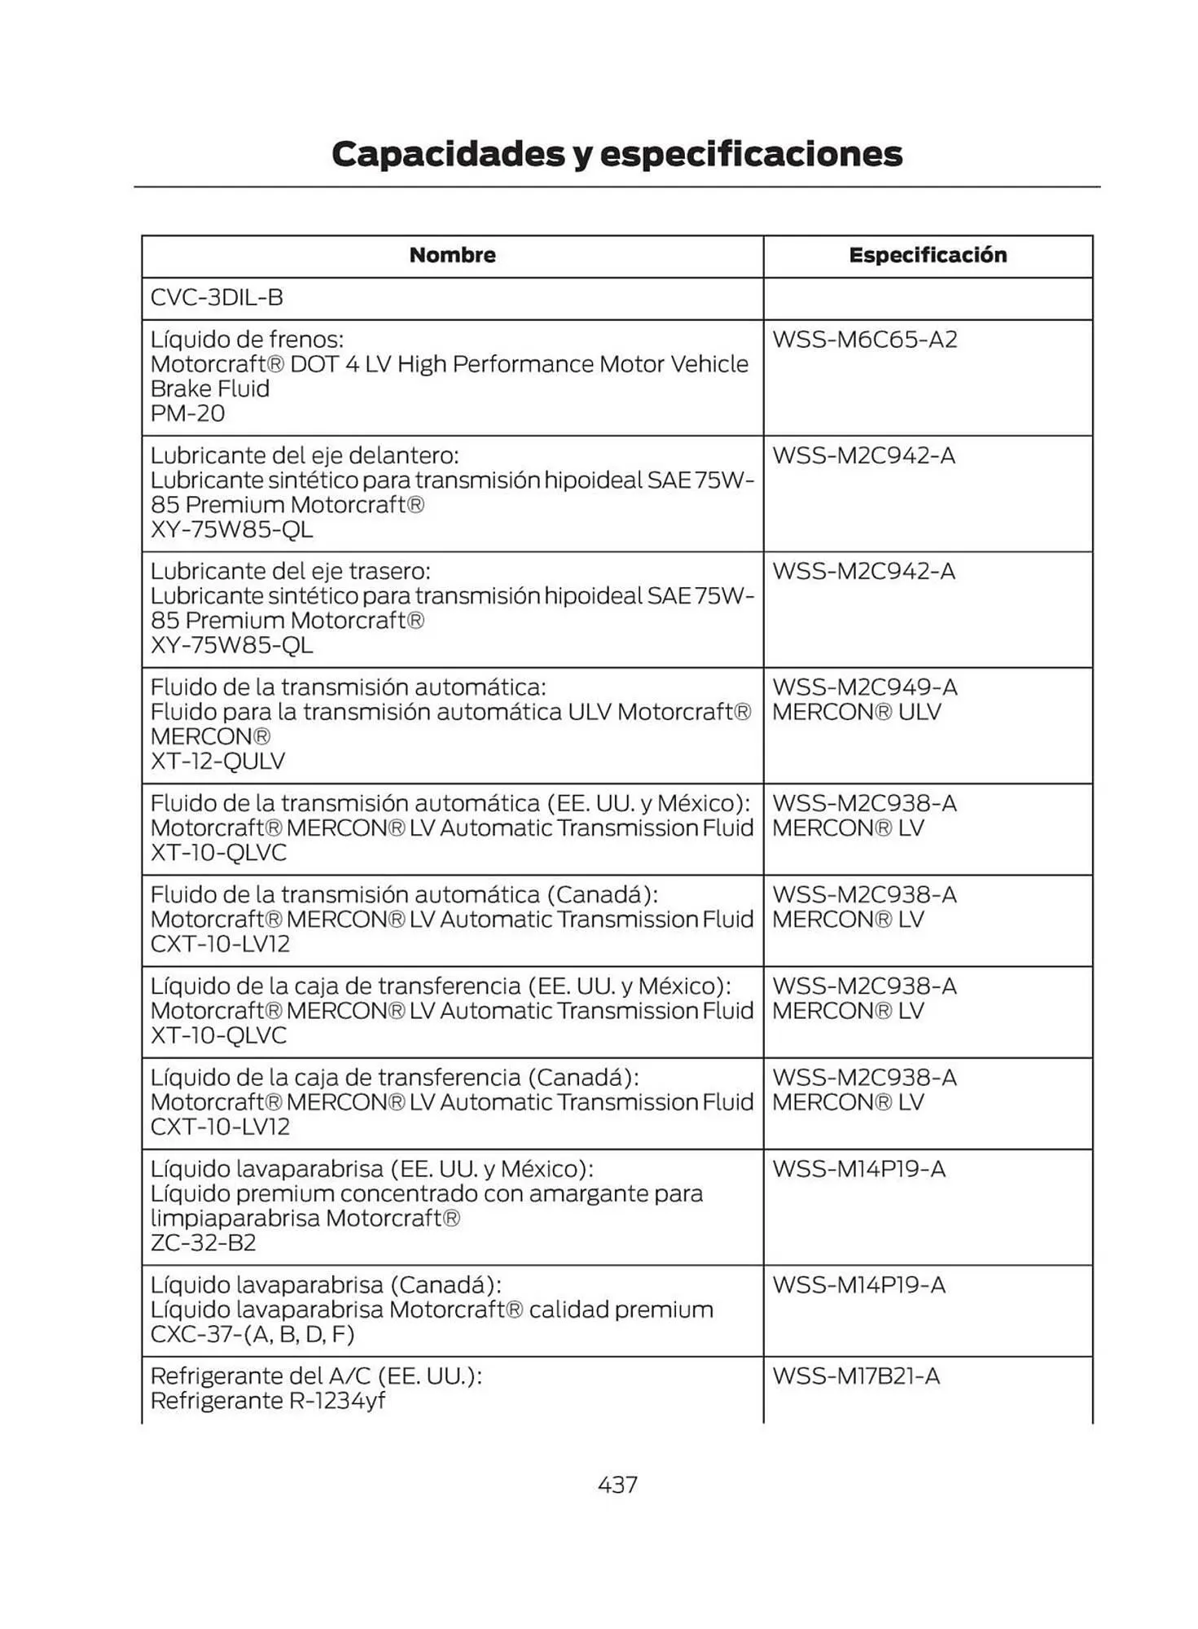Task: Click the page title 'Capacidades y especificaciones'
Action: click(617, 154)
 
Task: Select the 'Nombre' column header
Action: click(452, 255)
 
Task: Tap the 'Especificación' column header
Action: click(928, 255)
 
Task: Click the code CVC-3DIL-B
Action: click(217, 297)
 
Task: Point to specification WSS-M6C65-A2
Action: click(864, 340)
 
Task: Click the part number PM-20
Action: click(187, 413)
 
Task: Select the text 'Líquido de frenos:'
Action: click(247, 340)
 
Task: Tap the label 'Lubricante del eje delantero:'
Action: click(305, 455)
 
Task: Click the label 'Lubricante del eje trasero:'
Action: click(290, 571)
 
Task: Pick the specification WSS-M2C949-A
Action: click(864, 687)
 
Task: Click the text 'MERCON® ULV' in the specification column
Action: click(856, 712)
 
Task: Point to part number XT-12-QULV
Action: click(217, 761)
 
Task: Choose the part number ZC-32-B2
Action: click(203, 1243)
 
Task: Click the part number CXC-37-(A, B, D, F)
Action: click(252, 1334)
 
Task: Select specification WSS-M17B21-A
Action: click(855, 1377)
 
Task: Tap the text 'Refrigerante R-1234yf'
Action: click(267, 1401)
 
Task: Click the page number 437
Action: click(617, 1485)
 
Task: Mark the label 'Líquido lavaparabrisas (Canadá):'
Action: click(325, 1285)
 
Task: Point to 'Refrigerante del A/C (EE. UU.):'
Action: click(316, 1377)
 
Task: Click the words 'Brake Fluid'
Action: click(209, 389)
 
